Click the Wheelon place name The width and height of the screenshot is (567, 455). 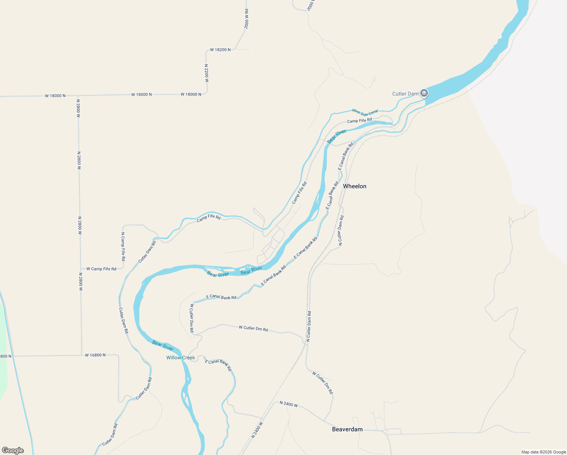point(354,186)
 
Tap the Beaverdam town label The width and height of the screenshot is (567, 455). point(347,429)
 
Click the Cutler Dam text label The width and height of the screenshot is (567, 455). point(405,94)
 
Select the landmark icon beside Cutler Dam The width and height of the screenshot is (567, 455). point(424,93)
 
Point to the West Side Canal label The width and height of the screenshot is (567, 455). point(365,112)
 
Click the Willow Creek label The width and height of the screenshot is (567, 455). point(180,358)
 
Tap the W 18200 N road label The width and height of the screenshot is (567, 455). point(220,50)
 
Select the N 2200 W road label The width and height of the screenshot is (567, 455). point(207,73)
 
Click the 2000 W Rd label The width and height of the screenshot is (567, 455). point(246,19)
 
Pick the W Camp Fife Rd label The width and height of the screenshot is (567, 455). point(101,269)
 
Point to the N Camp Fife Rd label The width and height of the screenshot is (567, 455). point(123,246)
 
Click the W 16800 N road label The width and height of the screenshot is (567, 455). point(95,355)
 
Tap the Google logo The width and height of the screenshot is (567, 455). point(13,450)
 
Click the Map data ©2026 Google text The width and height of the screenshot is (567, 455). point(544,452)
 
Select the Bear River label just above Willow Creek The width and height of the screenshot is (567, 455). point(163,345)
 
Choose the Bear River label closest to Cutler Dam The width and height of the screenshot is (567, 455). point(337,136)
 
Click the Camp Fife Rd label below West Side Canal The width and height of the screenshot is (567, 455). point(359,121)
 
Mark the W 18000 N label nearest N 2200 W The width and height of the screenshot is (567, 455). point(191,94)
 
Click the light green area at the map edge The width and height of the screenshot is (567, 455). point(3,360)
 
